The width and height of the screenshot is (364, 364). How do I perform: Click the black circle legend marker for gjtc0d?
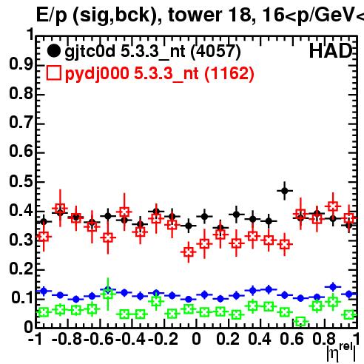tap(53, 51)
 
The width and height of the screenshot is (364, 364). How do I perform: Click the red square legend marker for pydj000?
tap(53, 73)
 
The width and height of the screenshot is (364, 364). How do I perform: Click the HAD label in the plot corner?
tap(331, 51)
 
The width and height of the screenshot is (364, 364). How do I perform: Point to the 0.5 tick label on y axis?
tap(21, 181)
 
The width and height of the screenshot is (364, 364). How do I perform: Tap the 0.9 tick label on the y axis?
tap(21, 64)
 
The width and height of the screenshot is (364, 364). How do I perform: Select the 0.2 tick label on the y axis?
tap(21, 269)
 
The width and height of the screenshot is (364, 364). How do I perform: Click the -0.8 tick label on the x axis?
tap(67, 339)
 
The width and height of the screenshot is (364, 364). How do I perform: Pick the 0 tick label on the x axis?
tap(196, 339)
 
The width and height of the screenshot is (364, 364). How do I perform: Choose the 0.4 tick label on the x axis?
tap(260, 339)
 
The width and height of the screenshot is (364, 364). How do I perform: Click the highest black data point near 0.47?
tap(285, 191)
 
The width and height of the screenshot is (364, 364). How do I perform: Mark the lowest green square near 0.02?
tap(300, 321)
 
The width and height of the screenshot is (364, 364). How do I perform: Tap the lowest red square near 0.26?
tap(189, 252)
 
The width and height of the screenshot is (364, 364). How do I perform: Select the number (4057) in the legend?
tap(216, 52)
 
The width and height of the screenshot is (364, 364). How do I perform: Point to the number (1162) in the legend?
tap(229, 74)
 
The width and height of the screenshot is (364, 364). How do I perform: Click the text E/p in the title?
tap(52, 16)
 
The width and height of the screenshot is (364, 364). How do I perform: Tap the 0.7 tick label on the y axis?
tap(21, 123)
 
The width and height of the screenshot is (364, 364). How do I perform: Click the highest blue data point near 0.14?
tap(333, 287)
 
